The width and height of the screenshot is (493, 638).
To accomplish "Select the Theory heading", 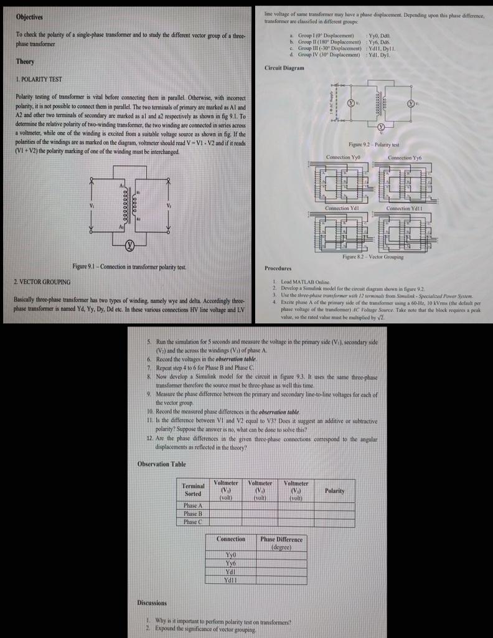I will coord(25,62).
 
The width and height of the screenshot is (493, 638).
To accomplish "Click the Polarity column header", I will coord(334,491).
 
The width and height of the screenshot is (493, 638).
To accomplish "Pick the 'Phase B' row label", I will coord(193,513).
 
